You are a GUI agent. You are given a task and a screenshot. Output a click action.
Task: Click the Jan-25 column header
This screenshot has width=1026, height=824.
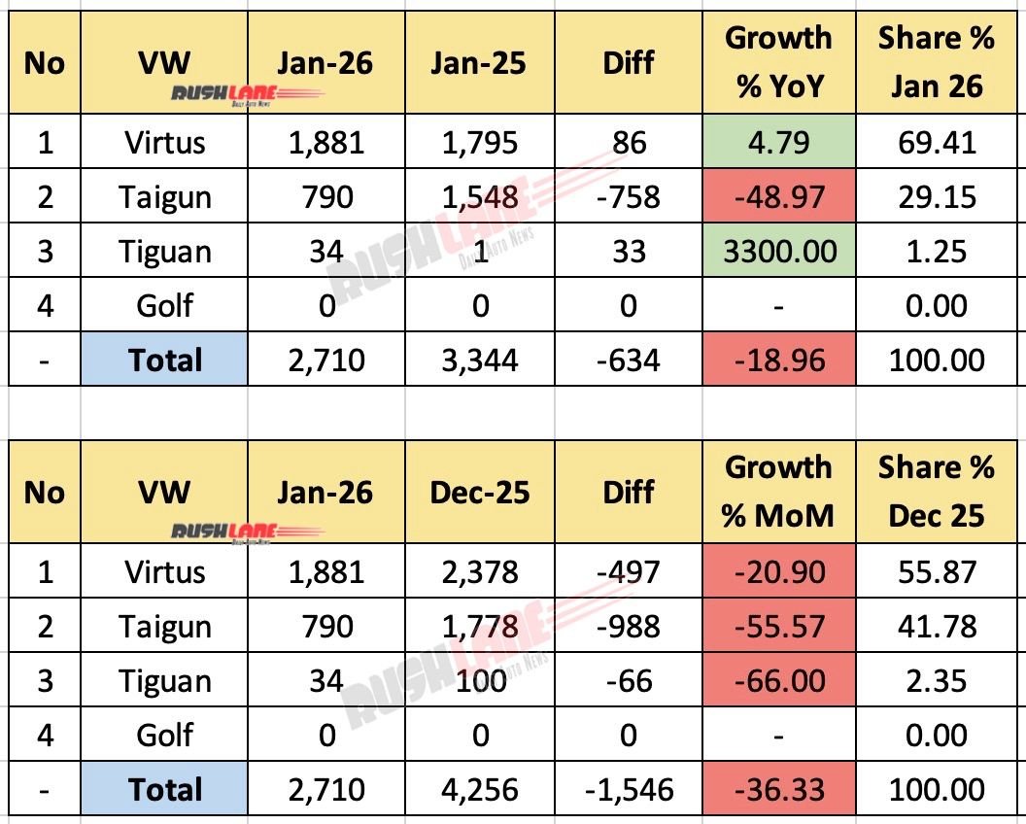tap(480, 62)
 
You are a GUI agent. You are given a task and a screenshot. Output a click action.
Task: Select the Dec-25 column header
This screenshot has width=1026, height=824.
tap(480, 492)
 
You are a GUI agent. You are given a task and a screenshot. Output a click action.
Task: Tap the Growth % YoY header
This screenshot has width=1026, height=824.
tap(778, 62)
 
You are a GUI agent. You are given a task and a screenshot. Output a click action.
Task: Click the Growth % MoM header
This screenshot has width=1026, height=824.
tap(778, 492)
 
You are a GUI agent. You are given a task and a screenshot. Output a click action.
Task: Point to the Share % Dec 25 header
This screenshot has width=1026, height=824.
tap(936, 492)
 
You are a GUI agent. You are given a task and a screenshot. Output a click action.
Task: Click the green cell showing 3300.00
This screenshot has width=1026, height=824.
tap(778, 252)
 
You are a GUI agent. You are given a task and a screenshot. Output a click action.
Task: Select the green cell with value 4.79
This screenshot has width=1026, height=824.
tap(778, 143)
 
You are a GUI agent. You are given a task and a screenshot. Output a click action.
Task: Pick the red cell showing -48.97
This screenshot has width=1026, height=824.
tap(778, 197)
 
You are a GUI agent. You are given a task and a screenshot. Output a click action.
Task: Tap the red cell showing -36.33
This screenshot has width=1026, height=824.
tap(778, 790)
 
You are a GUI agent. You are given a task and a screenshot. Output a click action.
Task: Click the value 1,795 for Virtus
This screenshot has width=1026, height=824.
tap(480, 143)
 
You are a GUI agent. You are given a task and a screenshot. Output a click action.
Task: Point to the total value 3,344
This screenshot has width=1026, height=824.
tap(480, 360)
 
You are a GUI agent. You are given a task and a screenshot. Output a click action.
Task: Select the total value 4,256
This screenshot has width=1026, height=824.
tap(480, 790)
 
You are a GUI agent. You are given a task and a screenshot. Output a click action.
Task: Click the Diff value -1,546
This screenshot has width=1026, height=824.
tap(628, 790)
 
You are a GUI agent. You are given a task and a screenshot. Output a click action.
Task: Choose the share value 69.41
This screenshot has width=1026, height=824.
tap(936, 143)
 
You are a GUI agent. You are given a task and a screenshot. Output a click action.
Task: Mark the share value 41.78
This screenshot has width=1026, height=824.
tap(936, 627)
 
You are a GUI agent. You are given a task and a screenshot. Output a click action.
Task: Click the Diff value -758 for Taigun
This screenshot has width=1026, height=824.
tap(628, 197)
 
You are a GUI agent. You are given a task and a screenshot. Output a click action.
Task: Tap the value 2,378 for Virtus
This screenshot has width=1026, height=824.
tap(480, 572)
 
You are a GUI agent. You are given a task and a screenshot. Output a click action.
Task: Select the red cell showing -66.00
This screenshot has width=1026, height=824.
tap(778, 681)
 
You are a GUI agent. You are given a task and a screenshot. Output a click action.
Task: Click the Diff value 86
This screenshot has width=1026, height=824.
tap(628, 143)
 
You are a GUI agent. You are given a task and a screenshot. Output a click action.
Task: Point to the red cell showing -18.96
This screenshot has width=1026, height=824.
tap(778, 360)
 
